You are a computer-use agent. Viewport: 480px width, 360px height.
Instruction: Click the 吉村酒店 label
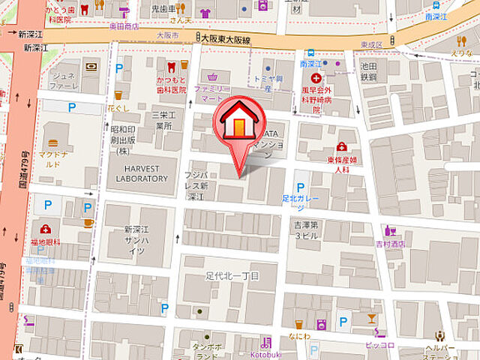point(390,243)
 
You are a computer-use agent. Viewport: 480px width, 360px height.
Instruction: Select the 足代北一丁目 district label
point(232,276)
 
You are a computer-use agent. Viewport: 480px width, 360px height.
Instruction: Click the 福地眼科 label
point(46,241)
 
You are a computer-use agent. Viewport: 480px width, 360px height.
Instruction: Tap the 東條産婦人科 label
point(343,163)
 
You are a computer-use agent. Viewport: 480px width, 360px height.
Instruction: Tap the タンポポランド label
point(206,352)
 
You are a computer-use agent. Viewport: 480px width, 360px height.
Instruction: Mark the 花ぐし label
point(118,108)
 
